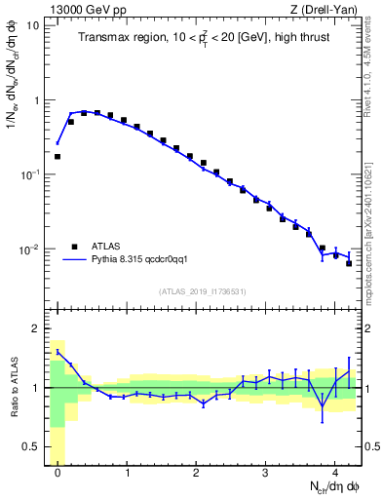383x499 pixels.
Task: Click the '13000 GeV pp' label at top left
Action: (x=80, y=10)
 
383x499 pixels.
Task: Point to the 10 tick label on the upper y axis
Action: (x=33, y=25)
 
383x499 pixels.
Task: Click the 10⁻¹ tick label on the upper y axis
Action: (x=29, y=174)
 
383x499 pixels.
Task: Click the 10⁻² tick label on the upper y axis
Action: (x=29, y=249)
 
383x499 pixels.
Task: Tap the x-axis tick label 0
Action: (x=58, y=477)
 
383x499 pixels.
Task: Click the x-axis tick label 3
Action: (x=266, y=477)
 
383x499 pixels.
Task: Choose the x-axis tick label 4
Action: (x=335, y=477)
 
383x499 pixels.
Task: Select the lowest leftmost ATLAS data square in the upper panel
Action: (x=57, y=156)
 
